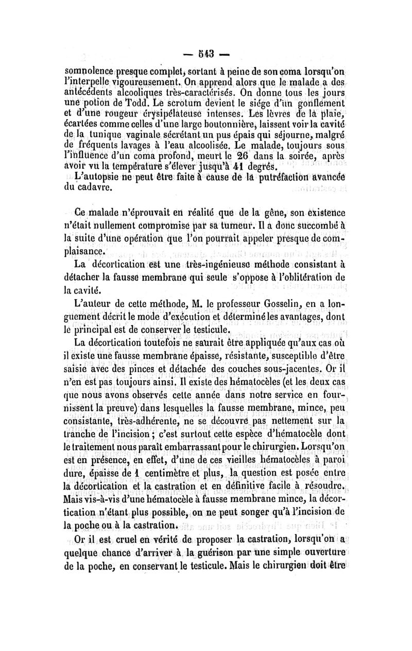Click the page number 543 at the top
click(x=206, y=53)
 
